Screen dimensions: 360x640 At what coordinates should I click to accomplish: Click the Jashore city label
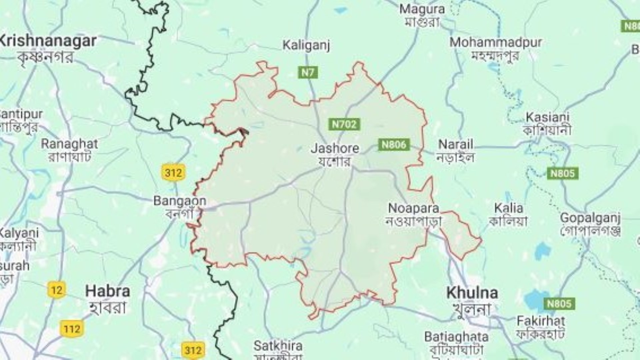335,149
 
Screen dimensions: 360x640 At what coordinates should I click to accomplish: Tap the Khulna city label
472,293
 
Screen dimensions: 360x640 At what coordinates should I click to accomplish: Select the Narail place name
455,145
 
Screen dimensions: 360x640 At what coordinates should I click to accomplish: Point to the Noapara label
413,209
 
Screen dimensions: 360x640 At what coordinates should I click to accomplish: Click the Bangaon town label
180,201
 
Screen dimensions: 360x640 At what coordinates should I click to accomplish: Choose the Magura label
422,9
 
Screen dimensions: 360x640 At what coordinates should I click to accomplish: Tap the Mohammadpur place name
495,43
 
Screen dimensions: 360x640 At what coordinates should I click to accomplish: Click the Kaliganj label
306,45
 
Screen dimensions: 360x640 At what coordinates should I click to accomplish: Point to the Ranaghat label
69,144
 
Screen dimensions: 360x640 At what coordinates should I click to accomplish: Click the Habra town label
107,292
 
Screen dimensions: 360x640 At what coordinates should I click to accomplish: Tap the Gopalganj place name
590,218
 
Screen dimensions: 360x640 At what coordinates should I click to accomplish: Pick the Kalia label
509,209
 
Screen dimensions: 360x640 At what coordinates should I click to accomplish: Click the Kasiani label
547,117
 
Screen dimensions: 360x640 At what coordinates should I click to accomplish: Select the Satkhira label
278,346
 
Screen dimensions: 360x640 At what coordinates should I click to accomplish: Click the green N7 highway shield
308,72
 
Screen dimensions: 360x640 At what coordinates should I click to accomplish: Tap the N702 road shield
344,125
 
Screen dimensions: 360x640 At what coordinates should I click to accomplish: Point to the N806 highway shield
394,145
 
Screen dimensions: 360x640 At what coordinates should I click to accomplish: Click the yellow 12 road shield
56,290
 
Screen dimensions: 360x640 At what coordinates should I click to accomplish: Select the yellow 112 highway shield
72,329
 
